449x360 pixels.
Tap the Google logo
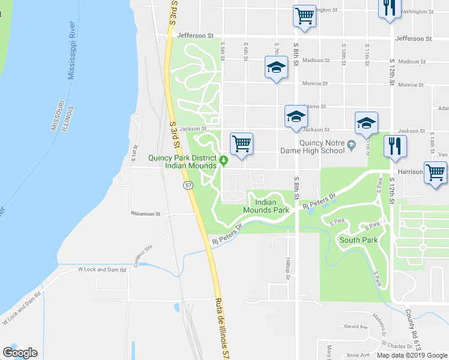tap(20, 353)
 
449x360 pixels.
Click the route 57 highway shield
tap(188, 187)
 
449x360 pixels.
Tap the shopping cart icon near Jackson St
tap(241, 144)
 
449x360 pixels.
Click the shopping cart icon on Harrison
tap(435, 173)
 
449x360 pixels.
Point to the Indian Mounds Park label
tap(266, 206)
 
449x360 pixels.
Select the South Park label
tap(358, 240)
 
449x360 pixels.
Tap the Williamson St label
tap(146, 214)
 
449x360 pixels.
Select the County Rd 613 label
tap(412, 330)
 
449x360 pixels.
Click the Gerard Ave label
tap(356, 326)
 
